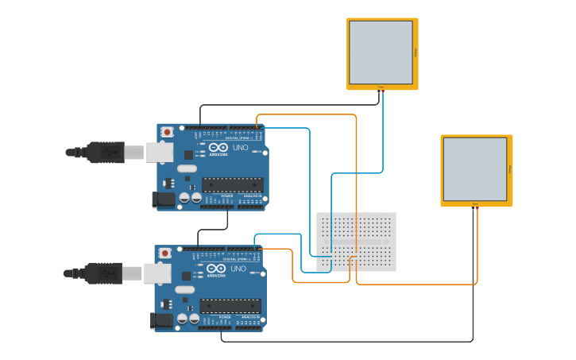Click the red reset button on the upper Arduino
[x=167, y=132]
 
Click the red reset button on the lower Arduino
[x=164, y=254]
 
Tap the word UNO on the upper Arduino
[x=240, y=148]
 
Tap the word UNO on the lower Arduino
[x=238, y=269]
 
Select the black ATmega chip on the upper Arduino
[x=232, y=184]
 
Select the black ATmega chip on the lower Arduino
[x=230, y=306]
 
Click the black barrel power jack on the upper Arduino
[x=164, y=199]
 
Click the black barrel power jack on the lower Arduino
[x=161, y=320]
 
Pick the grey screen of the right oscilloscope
[x=474, y=168]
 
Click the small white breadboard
[x=356, y=242]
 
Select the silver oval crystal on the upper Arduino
[x=187, y=168]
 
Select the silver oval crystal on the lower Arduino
[x=184, y=289]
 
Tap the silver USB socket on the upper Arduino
[x=160, y=152]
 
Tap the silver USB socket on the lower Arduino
[x=157, y=273]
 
